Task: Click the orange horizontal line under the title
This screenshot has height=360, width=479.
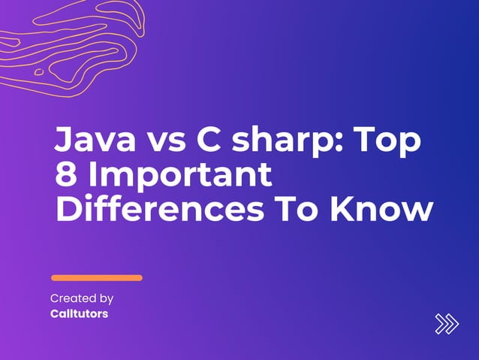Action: pos(96,277)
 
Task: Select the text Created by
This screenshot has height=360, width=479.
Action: pos(82,298)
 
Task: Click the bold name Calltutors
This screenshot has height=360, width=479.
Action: pos(79,313)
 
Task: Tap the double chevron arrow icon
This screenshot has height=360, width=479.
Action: pos(446,323)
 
